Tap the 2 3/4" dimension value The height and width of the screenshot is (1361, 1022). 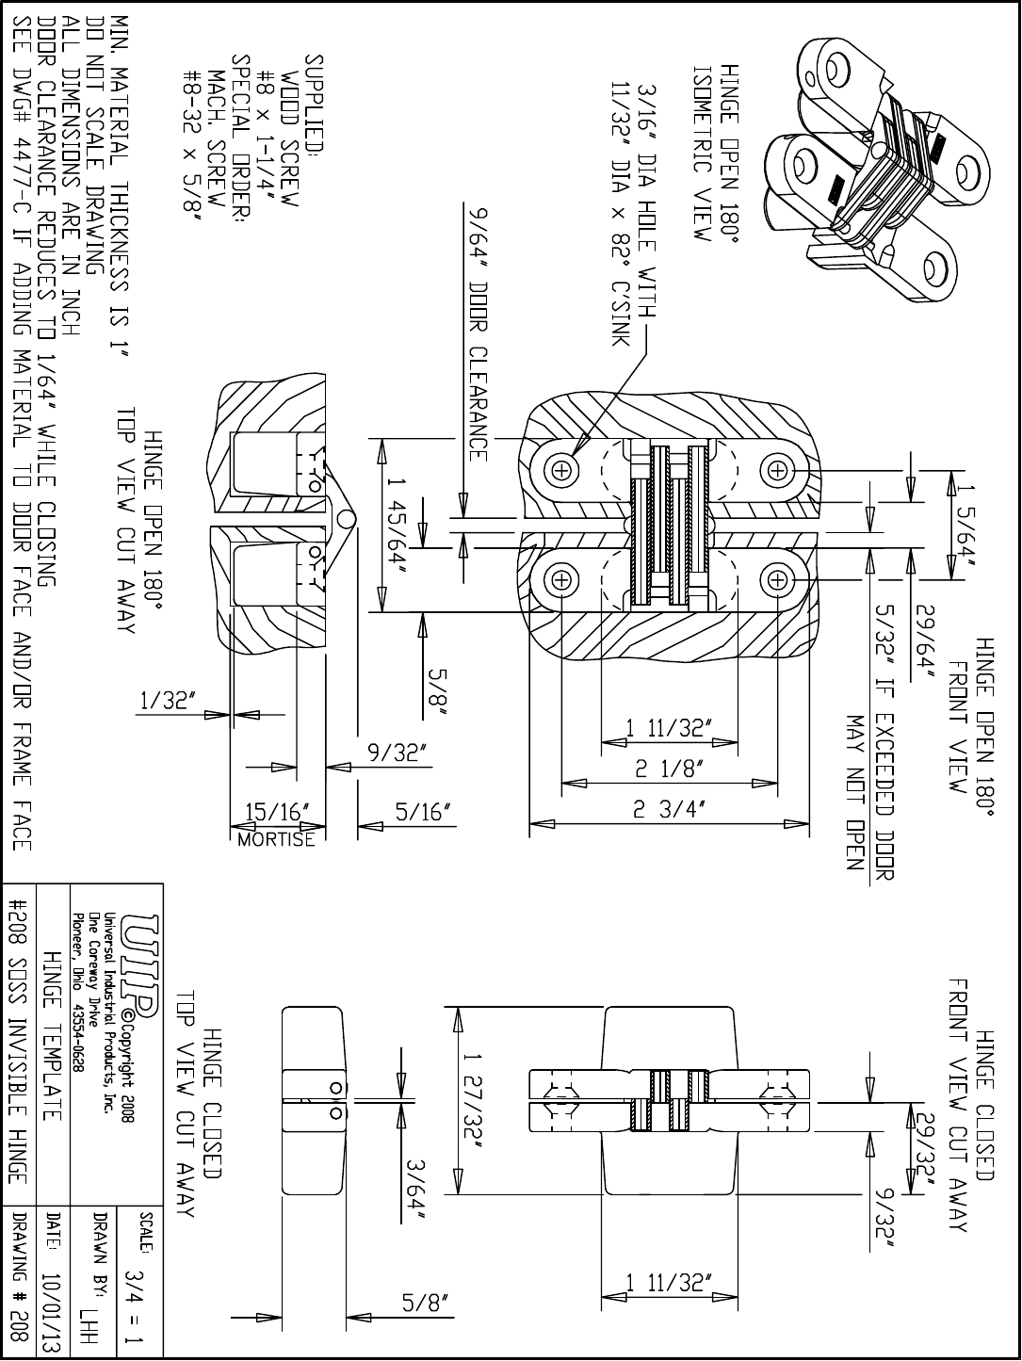(x=669, y=810)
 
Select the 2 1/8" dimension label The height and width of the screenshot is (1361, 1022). (x=669, y=770)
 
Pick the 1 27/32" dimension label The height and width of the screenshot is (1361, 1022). (x=470, y=1099)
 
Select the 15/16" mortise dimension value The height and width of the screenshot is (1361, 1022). (x=277, y=812)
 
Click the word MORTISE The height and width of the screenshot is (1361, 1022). (x=277, y=839)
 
